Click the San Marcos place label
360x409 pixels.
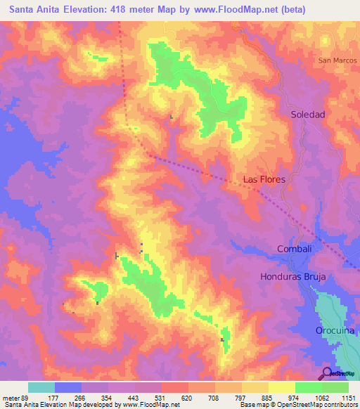coord(339,60)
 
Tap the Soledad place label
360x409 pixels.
coord(308,114)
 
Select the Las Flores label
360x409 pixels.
coord(264,179)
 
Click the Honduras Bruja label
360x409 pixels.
coord(292,277)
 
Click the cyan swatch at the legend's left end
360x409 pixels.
coord(41,387)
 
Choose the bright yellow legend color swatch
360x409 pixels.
coord(281,387)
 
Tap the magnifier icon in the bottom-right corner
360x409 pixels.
coord(327,373)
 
